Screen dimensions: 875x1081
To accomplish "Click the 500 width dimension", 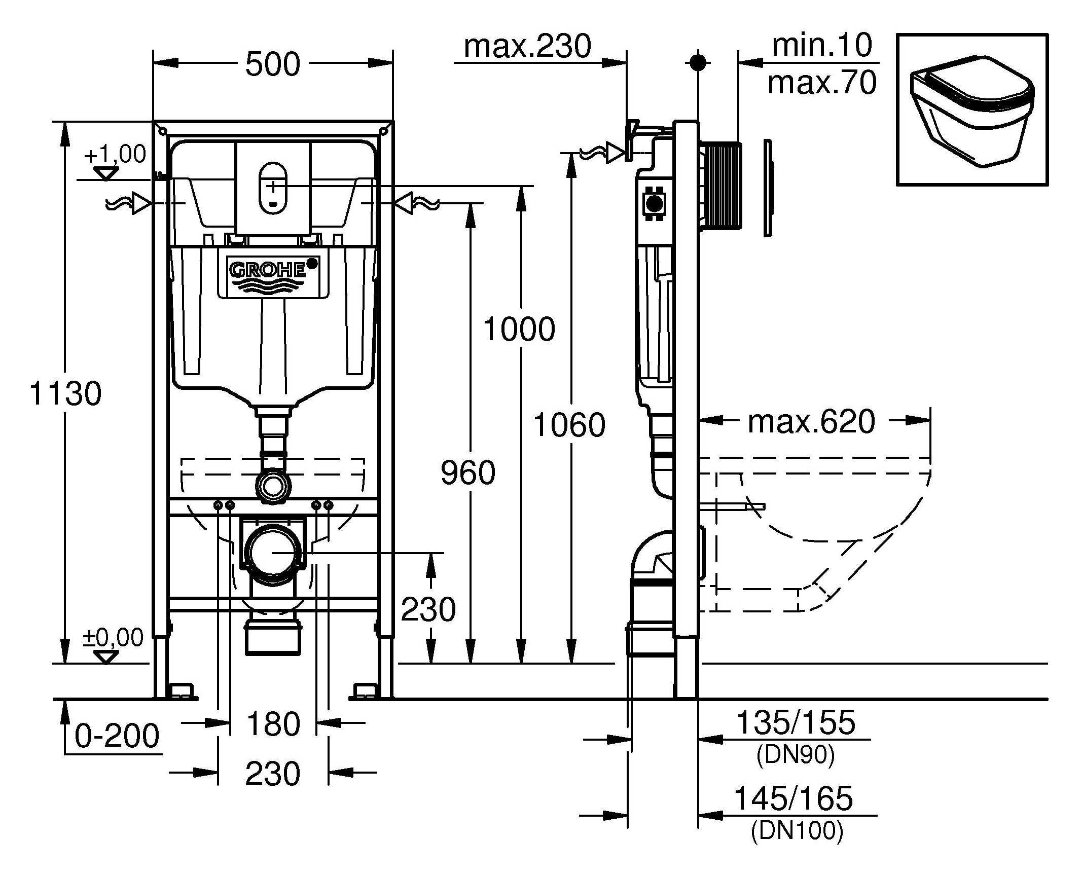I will click(x=273, y=64).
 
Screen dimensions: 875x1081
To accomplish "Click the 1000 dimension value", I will click(x=519, y=330).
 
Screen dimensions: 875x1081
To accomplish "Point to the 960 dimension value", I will click(x=468, y=473).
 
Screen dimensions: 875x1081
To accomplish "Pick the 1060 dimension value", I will click(x=569, y=425).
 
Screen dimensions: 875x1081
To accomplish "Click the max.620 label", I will click(x=812, y=421).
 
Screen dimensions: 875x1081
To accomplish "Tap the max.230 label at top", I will click(x=527, y=47).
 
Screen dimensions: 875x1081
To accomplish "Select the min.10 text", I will click(x=821, y=46).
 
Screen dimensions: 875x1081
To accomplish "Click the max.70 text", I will click(x=821, y=83).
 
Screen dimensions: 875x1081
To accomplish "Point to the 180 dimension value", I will click(x=273, y=724).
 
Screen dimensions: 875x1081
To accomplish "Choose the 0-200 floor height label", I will click(x=117, y=736).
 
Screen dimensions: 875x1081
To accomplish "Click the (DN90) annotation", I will click(x=795, y=756).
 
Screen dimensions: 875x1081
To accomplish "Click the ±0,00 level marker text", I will click(x=114, y=637).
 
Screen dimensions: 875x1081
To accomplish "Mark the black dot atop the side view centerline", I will click(x=698, y=62).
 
